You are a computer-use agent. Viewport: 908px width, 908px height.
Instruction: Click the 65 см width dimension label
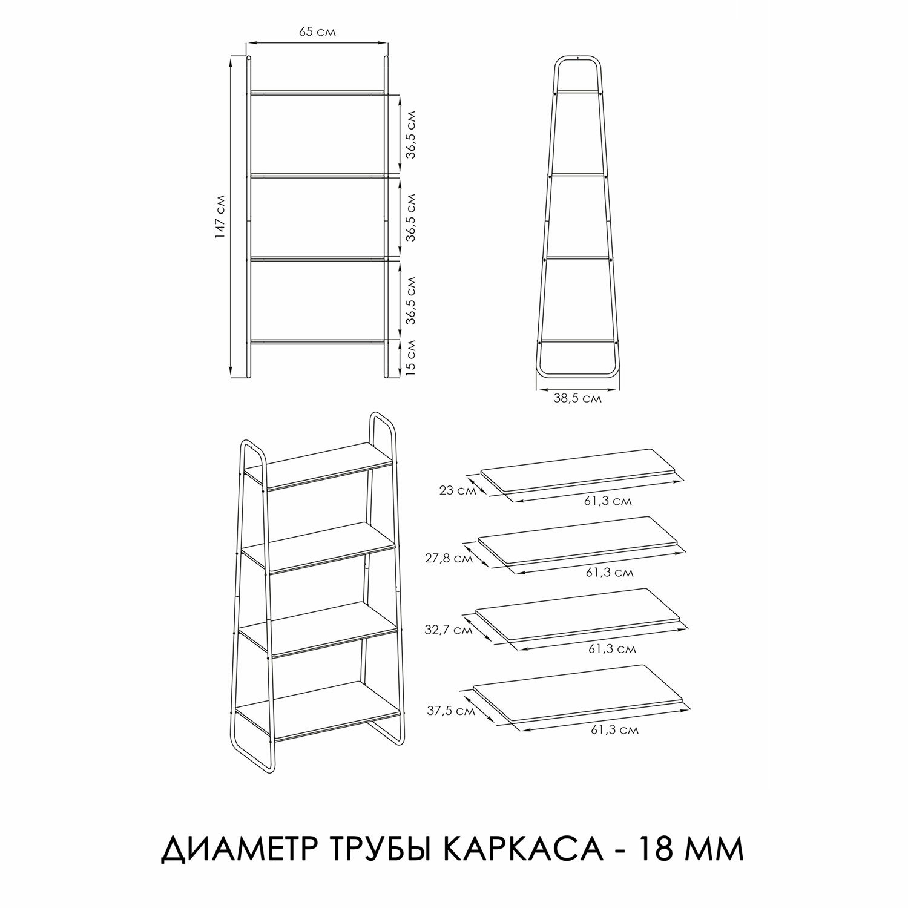pos(317,32)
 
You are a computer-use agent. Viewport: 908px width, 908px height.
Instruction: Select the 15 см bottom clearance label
pos(410,356)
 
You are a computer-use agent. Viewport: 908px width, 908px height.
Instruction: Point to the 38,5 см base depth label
pos(577,398)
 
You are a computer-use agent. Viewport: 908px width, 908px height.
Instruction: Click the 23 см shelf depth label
pos(458,491)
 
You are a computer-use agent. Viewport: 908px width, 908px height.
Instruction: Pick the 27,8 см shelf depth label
pos(449,558)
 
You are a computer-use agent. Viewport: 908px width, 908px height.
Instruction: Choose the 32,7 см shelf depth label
pos(449,630)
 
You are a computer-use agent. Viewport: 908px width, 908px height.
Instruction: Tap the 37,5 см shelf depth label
pos(451,711)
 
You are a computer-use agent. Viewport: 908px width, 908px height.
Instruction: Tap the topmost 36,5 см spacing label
pos(410,134)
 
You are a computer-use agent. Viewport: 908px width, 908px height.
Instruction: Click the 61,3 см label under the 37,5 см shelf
pos(615,729)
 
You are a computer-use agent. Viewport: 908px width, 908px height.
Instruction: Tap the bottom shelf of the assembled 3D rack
pos(318,708)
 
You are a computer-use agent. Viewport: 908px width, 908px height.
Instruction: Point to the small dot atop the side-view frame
pos(577,58)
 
